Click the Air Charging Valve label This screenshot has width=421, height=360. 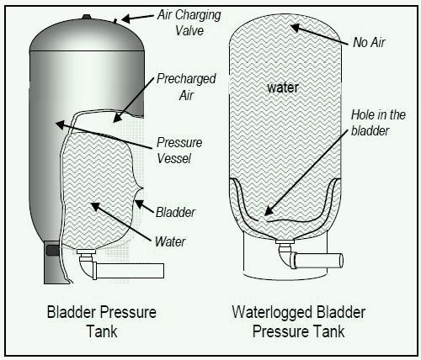point(189,23)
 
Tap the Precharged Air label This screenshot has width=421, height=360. point(186,87)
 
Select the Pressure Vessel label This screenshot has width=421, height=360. point(179,151)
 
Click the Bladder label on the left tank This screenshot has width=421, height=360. point(175,212)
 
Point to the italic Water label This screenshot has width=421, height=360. point(170,241)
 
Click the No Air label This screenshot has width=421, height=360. point(369,42)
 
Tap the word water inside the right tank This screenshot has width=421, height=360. point(283,87)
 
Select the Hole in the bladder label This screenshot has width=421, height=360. point(378,123)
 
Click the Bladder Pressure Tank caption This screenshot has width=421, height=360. point(102,321)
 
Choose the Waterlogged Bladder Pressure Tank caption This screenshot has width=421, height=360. point(299,321)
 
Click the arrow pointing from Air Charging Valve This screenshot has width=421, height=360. point(137,18)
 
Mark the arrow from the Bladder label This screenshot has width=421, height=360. point(144,206)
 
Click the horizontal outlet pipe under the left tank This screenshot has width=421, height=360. point(130,271)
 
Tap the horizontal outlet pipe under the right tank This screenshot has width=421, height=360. point(317,261)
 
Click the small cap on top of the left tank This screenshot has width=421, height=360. point(87,17)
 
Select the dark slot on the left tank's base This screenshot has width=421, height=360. point(52,250)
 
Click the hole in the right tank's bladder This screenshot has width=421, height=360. point(263,220)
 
